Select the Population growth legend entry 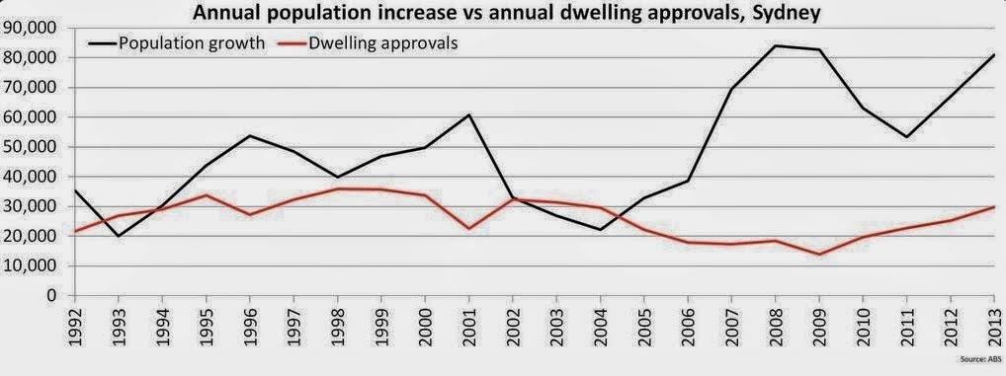click(178, 43)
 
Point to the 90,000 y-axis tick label click(31, 29)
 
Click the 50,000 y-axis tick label click(31, 147)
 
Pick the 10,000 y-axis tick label click(31, 265)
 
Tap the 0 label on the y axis click(51, 295)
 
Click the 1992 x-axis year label click(75, 326)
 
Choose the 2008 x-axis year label click(775, 326)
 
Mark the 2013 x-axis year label click(994, 326)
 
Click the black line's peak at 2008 click(775, 45)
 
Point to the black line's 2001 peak click(469, 114)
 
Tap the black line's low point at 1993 click(119, 237)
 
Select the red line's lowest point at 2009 click(819, 255)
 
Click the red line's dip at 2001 click(469, 229)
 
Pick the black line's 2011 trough click(906, 137)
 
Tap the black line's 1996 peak click(250, 135)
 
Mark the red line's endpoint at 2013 click(994, 207)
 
